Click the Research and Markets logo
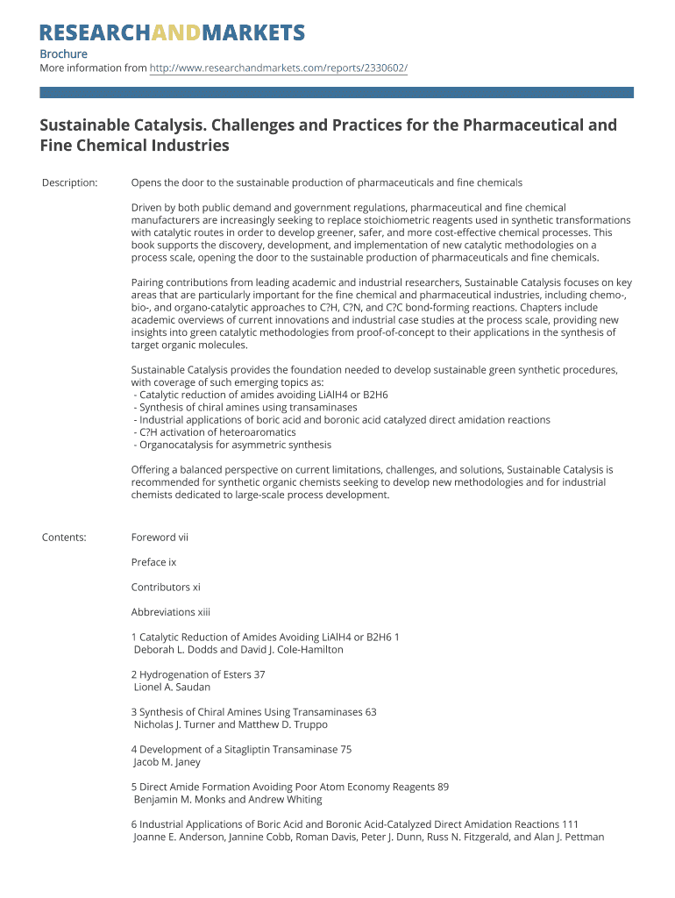click(x=172, y=33)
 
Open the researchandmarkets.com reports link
click(x=279, y=68)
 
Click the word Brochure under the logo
click(x=63, y=53)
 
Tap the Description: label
click(x=70, y=182)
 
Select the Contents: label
click(x=64, y=537)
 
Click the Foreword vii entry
click(x=160, y=537)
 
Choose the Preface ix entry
click(x=153, y=562)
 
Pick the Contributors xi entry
click(x=166, y=587)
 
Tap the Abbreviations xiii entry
click(x=170, y=612)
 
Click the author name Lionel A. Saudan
click(x=172, y=688)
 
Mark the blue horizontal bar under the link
click(x=337, y=92)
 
